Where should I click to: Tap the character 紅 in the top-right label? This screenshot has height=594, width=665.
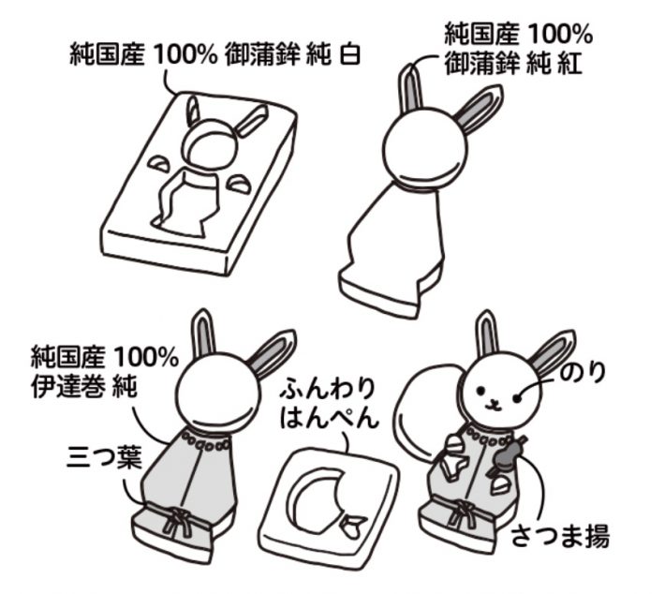(x=575, y=67)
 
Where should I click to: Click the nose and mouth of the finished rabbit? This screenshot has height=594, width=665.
(x=492, y=404)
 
